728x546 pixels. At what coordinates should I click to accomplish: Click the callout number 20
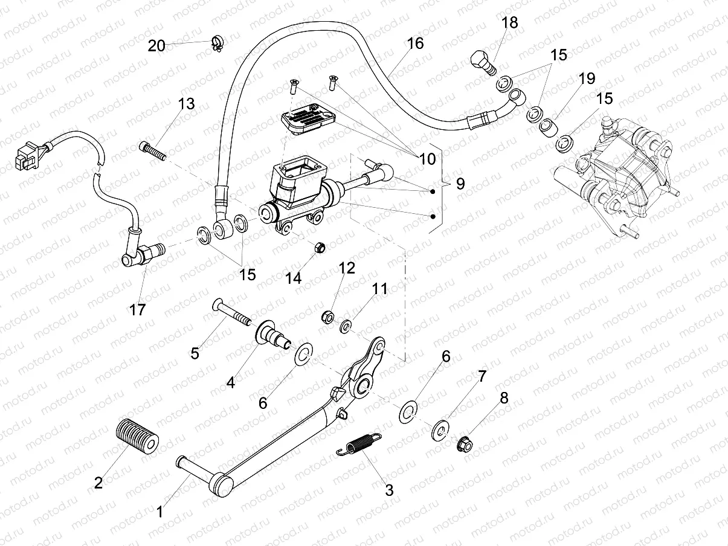coord(156,45)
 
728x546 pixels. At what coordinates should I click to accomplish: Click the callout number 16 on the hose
coord(415,43)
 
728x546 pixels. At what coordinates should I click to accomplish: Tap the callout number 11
coord(379,289)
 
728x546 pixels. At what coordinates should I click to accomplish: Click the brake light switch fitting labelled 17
coord(140,257)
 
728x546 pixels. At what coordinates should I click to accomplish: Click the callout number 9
coord(460,184)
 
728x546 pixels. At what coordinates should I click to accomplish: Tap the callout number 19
coord(586,79)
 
